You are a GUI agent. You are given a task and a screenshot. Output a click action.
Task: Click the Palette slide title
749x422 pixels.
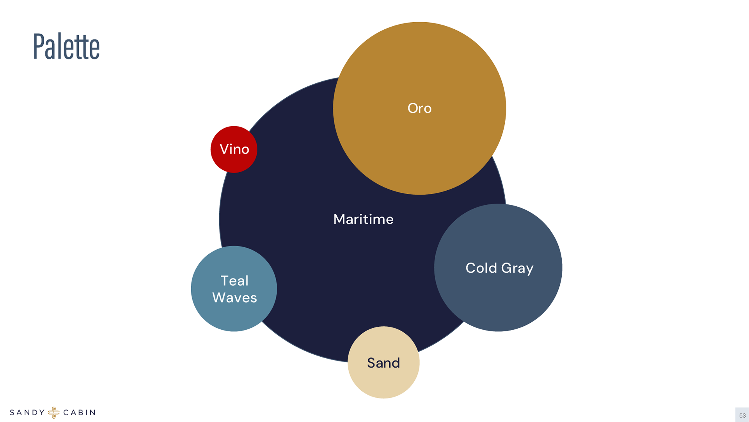pyautogui.click(x=66, y=46)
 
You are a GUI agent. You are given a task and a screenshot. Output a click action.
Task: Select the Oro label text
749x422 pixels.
pyautogui.click(x=419, y=108)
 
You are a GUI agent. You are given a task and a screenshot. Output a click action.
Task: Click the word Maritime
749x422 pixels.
pyautogui.click(x=363, y=219)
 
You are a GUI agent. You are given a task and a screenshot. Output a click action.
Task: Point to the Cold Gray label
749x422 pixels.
pyautogui.click(x=499, y=268)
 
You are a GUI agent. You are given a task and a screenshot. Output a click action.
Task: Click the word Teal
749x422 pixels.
pyautogui.click(x=234, y=281)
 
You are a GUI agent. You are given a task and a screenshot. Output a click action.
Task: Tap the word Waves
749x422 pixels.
pyautogui.click(x=234, y=298)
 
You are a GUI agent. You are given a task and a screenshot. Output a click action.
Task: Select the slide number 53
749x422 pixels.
pyautogui.click(x=742, y=415)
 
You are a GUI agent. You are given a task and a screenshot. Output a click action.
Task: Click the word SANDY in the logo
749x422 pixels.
pyautogui.click(x=27, y=413)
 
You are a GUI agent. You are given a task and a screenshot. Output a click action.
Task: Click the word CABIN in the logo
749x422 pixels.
pyautogui.click(x=79, y=413)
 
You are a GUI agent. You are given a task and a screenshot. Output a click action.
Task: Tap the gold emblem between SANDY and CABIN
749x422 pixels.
pyautogui.click(x=54, y=413)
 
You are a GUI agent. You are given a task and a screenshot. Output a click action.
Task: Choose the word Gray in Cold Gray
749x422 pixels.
pyautogui.click(x=517, y=268)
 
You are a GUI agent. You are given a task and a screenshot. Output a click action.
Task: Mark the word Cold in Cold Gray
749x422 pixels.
pyautogui.click(x=481, y=268)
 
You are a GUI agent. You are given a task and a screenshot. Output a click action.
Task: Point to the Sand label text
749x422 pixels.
pyautogui.click(x=383, y=363)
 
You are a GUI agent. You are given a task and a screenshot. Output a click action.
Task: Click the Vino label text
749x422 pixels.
pyautogui.click(x=234, y=149)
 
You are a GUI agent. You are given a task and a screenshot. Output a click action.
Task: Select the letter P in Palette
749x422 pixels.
pyautogui.click(x=38, y=46)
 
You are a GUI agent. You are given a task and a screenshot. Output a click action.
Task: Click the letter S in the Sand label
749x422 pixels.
pyautogui.click(x=371, y=363)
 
